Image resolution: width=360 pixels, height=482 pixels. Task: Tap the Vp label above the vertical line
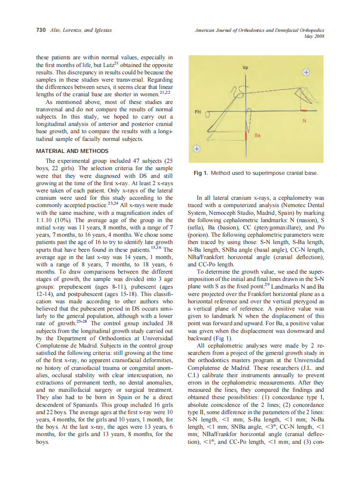tap(245, 68)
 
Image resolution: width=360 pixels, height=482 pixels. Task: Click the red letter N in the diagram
tap(305, 121)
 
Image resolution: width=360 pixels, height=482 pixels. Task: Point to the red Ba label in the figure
tap(257, 135)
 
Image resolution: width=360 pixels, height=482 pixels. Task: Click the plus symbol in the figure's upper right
tap(306, 73)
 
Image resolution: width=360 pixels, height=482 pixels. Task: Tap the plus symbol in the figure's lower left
tap(197, 149)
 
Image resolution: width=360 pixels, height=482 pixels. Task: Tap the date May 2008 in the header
tap(314, 36)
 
